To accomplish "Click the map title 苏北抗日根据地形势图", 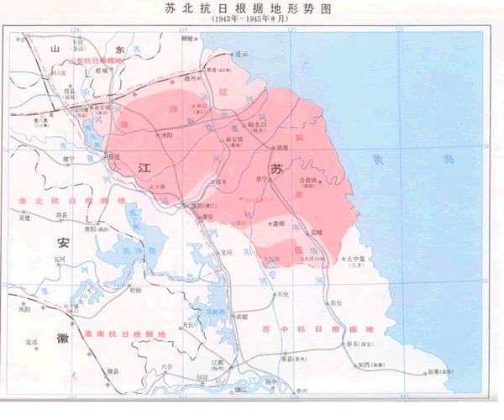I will pos(251,9).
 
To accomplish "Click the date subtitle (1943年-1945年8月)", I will pos(251,21).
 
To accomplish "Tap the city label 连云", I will pos(244,53).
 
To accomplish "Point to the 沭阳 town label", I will pos(168,134).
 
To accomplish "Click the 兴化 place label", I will pos(283,294).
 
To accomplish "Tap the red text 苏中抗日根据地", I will pos(315,328).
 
